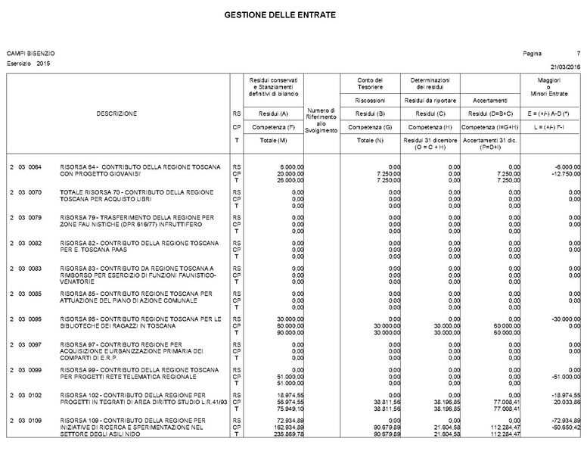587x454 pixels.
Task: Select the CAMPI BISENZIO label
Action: pyautogui.click(x=30, y=54)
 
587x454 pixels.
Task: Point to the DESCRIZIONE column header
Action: pyautogui.click(x=116, y=113)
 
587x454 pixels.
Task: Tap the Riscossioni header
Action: pyautogui.click(x=371, y=100)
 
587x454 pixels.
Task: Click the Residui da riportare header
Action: pyautogui.click(x=430, y=100)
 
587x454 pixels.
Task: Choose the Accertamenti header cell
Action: pyautogui.click(x=489, y=100)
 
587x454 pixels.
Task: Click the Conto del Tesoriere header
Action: pyautogui.click(x=371, y=83)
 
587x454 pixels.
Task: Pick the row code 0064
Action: pyautogui.click(x=35, y=166)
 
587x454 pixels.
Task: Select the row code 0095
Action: pyautogui.click(x=35, y=319)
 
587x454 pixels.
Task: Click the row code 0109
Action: pyautogui.click(x=35, y=420)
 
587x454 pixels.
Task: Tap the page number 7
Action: pyautogui.click(x=578, y=54)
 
